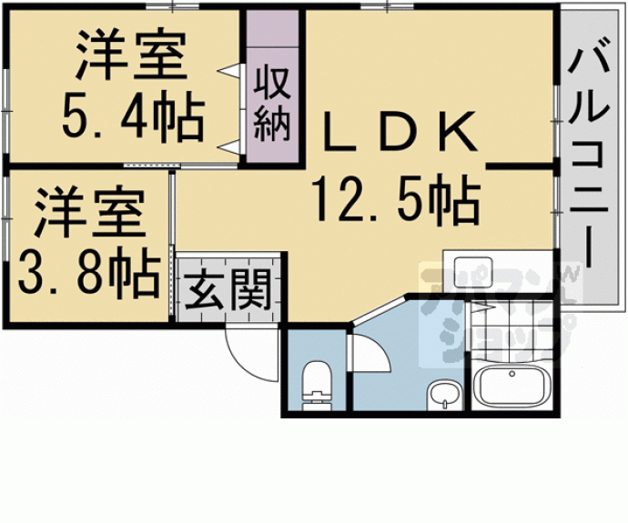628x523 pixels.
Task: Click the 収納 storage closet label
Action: [x=272, y=104]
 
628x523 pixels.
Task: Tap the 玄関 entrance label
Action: [x=228, y=290]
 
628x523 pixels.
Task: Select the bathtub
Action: [x=511, y=387]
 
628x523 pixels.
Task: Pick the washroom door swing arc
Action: [x=378, y=349]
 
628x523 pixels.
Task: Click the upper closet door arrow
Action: [x=229, y=71]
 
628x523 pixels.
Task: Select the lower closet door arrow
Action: [x=229, y=146]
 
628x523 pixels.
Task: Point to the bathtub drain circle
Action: [x=512, y=374]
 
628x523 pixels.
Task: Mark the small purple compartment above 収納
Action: [x=272, y=29]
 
